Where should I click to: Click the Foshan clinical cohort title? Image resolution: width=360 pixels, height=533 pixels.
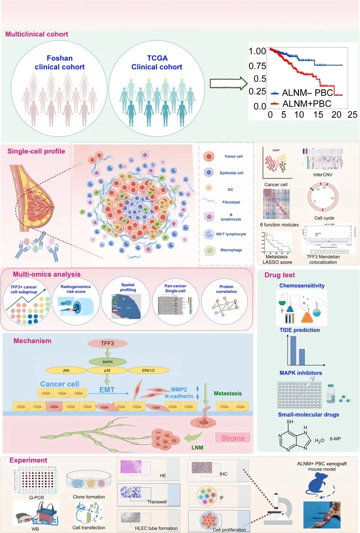coord(60,63)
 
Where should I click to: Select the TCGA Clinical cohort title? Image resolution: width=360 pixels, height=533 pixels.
coord(157,63)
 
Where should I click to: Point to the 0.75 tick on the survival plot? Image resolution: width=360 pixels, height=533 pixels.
coord(257,66)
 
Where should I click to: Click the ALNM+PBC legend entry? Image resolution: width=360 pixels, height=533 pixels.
coord(302,104)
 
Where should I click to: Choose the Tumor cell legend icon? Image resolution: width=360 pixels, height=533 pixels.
coord(209,156)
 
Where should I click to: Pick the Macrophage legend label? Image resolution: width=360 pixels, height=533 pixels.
coord(231,250)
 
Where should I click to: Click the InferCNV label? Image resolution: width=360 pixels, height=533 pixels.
coord(323,175)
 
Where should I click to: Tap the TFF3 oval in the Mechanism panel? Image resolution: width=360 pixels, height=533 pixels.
coord(107,343)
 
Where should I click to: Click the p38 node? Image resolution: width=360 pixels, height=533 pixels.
coord(107,370)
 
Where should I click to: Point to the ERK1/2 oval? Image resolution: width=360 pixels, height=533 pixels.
coord(148,370)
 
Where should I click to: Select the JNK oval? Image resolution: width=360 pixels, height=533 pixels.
coord(66,370)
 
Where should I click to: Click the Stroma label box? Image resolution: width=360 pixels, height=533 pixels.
coord(233,438)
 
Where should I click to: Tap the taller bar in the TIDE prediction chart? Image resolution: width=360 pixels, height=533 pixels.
coord(293,350)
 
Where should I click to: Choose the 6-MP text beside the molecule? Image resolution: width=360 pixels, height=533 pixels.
coord(335,439)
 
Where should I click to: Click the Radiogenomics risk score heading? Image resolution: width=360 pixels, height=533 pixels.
coord(76,289)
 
